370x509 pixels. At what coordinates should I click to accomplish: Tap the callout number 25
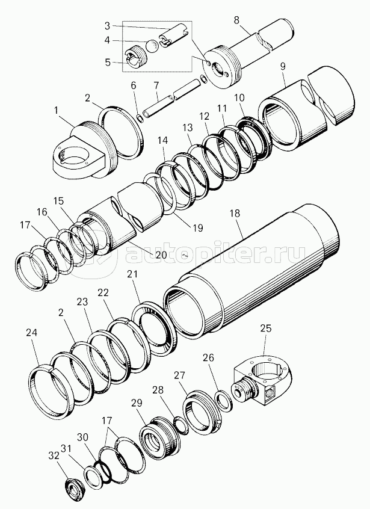pos(266,328)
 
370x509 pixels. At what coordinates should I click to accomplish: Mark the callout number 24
pos(31,332)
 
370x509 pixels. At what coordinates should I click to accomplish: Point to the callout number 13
pos(188,128)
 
